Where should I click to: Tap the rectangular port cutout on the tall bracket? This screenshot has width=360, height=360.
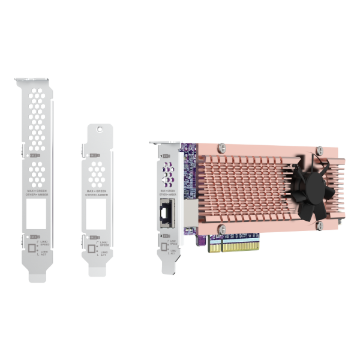(x=35, y=213)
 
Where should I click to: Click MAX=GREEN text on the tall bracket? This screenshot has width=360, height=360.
(x=34, y=191)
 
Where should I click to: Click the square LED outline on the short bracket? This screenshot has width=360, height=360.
(x=92, y=247)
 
